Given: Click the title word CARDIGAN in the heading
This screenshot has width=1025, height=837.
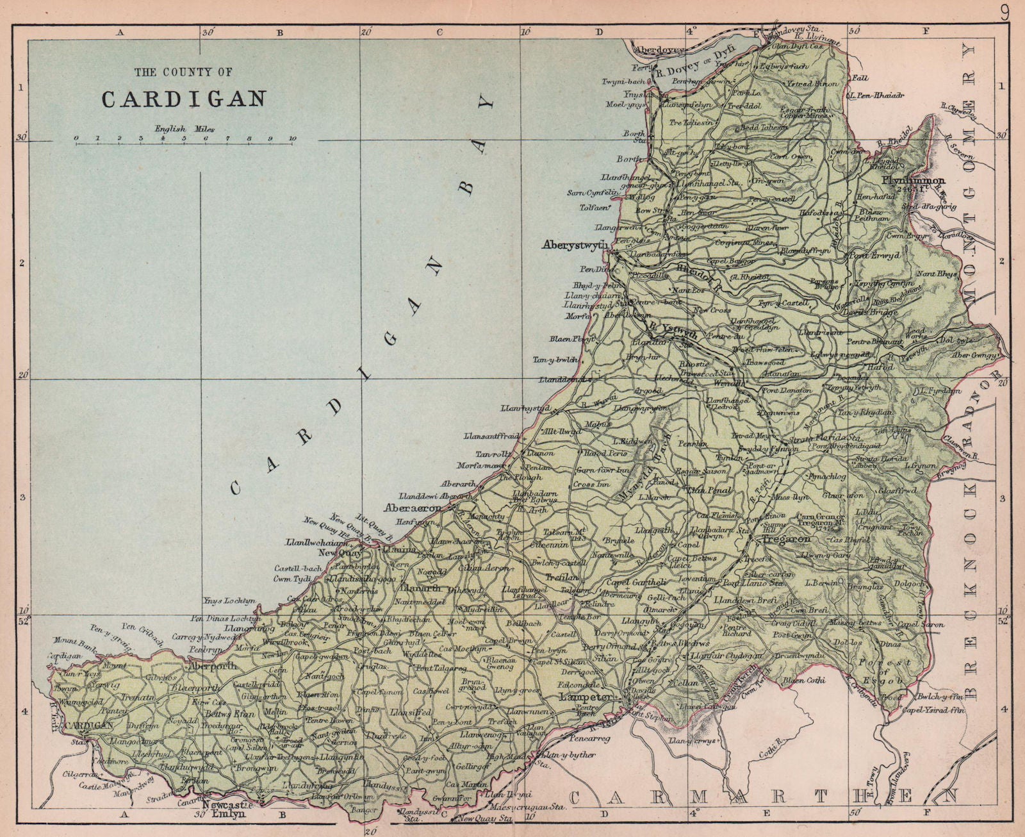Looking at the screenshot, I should tap(184, 99).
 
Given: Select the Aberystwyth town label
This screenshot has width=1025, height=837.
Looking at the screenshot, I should tap(574, 244).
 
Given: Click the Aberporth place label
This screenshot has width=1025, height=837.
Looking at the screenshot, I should tap(212, 667).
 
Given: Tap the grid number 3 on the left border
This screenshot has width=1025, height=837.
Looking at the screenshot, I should tap(22, 498).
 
